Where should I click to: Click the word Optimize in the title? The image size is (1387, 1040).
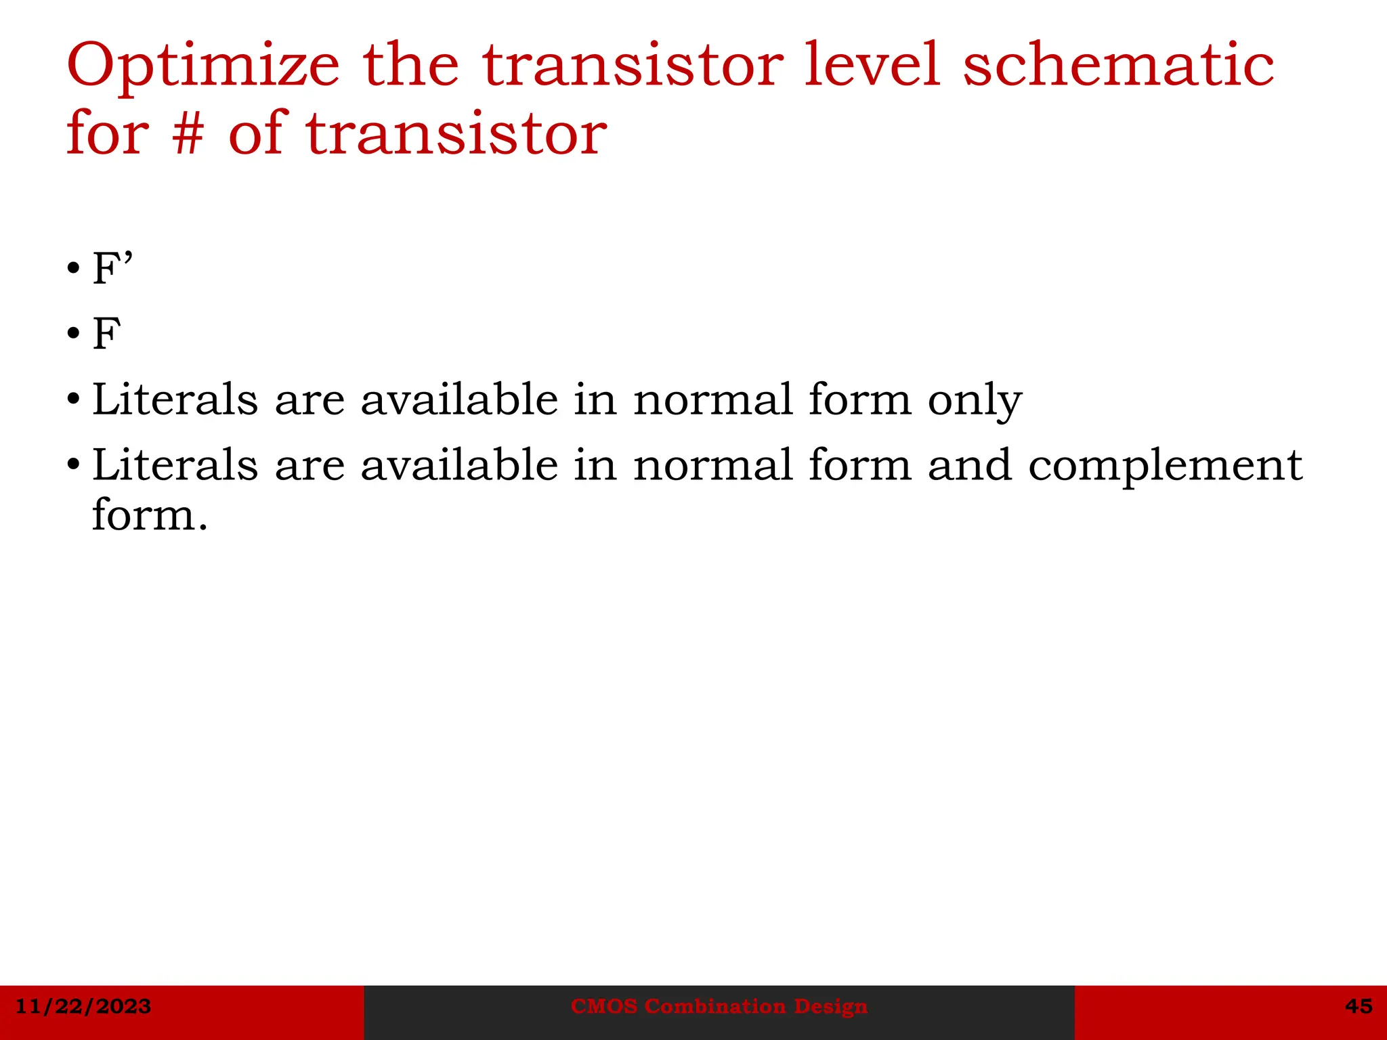[x=203, y=66]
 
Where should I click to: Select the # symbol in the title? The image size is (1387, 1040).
[x=188, y=133]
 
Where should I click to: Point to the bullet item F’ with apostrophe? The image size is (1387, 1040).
[x=112, y=268]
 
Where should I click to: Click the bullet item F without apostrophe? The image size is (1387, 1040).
[x=107, y=334]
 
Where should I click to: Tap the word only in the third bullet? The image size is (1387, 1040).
[x=974, y=399]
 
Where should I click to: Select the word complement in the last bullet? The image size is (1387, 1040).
[x=1165, y=465]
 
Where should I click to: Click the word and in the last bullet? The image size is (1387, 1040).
[x=969, y=465]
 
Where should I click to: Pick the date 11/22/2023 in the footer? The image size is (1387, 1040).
[x=83, y=1006]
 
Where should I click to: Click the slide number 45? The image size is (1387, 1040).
[x=1359, y=1006]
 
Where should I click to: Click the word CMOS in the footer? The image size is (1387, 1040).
[x=604, y=1006]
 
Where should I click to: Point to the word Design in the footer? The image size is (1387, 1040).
[x=830, y=1006]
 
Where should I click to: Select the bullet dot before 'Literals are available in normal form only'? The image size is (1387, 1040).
[x=74, y=400]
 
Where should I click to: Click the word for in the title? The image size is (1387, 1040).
[x=108, y=133]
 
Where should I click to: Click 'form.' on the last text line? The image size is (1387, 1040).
[x=150, y=516]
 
